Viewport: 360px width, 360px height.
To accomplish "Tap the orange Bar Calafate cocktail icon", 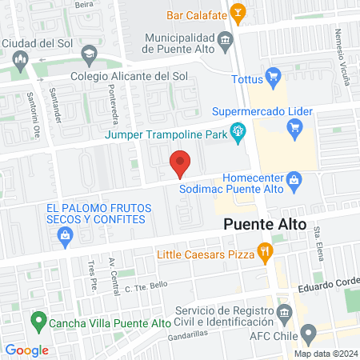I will tap(237, 13).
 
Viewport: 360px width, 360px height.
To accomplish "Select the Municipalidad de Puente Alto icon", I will tap(226, 40).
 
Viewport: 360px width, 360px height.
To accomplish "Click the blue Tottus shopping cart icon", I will tap(274, 77).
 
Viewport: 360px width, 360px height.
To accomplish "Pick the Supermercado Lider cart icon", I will tap(294, 126).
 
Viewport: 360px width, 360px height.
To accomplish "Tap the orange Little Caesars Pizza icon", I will tap(266, 254).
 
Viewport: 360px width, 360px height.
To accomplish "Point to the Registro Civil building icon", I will tap(282, 310).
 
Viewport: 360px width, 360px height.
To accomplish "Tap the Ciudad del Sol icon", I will tap(22, 58).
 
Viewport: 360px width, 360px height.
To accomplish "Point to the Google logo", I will tap(26, 350).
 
